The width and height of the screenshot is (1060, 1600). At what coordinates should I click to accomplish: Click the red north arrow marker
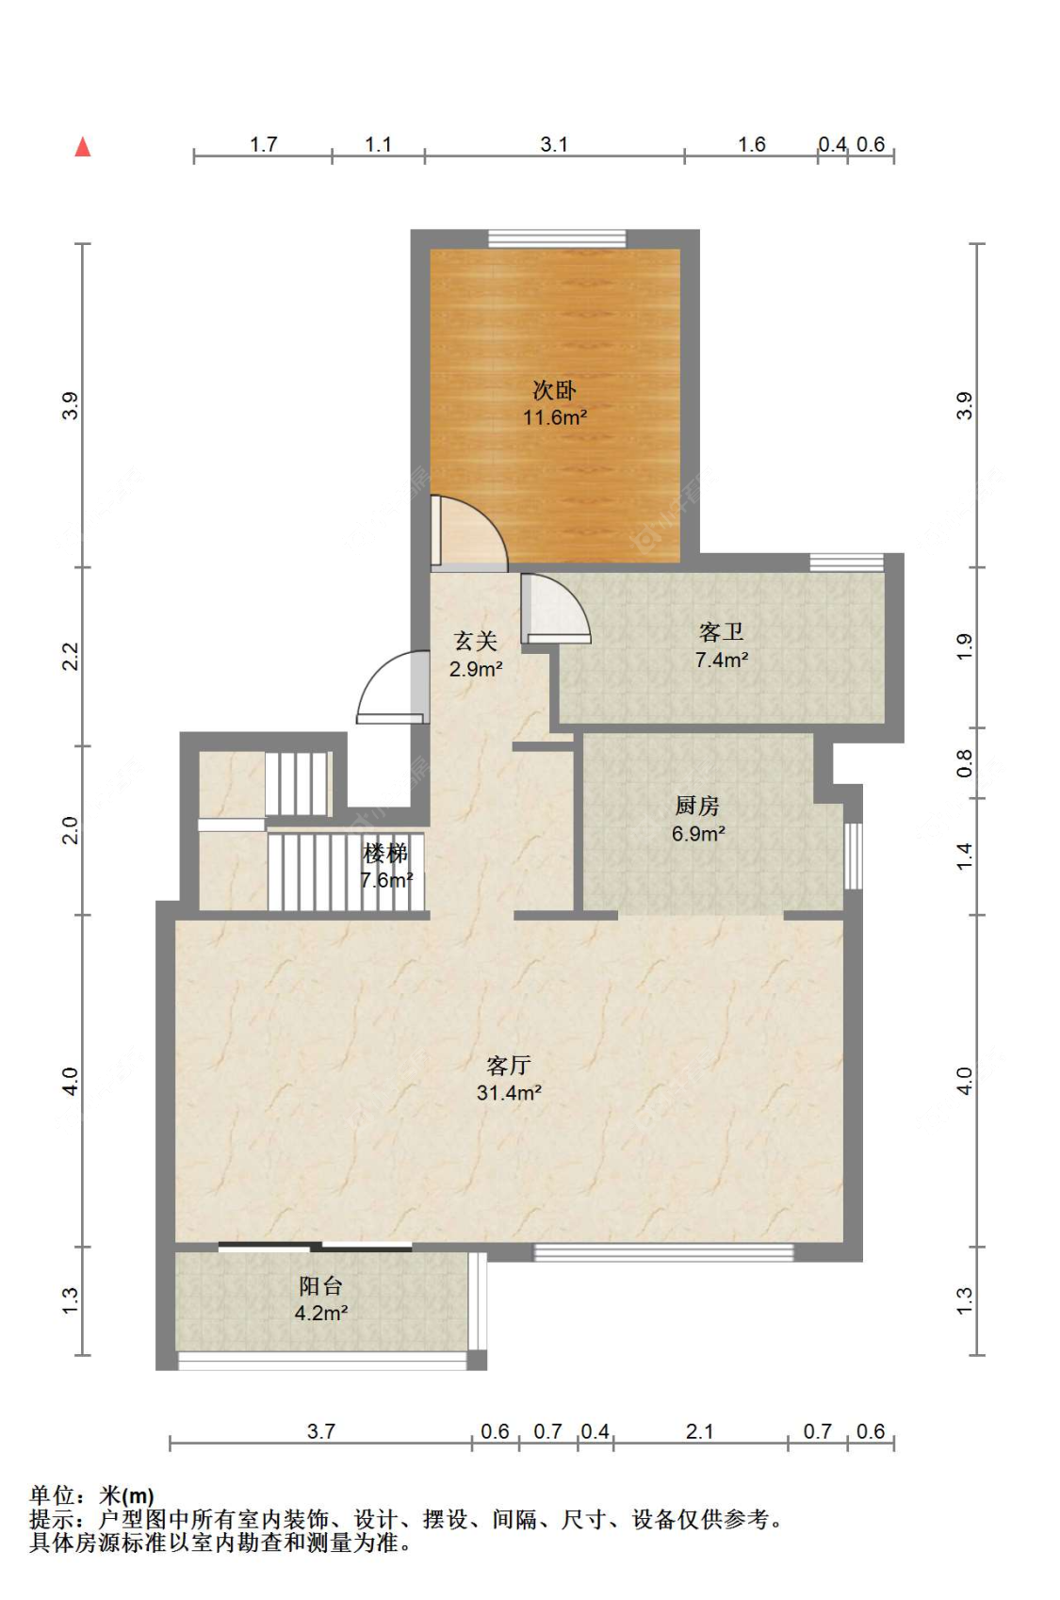click(x=83, y=147)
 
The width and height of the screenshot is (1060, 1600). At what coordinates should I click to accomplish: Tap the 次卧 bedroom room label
click(x=554, y=390)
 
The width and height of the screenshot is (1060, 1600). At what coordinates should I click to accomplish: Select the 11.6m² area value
click(x=555, y=417)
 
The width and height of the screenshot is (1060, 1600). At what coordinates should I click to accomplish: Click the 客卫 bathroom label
click(x=722, y=632)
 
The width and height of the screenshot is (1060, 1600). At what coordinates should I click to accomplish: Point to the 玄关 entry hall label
click(x=476, y=642)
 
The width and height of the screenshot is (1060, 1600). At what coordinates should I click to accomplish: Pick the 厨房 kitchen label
click(x=697, y=807)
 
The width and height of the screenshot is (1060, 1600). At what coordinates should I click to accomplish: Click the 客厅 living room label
click(x=509, y=1066)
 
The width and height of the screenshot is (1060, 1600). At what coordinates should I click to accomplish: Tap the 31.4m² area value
click(x=510, y=1093)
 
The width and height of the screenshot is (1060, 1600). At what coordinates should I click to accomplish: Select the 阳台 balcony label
click(x=320, y=1286)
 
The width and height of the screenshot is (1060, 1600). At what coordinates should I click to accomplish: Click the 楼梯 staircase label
click(x=385, y=853)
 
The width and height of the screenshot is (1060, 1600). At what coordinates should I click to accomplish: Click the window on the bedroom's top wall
click(x=557, y=238)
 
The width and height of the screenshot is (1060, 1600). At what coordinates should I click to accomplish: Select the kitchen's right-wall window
click(x=853, y=857)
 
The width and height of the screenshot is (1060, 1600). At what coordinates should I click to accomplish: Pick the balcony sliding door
click(x=315, y=1248)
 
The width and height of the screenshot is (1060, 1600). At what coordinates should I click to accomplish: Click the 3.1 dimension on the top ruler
click(x=554, y=145)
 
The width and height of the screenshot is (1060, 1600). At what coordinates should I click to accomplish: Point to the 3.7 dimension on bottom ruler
click(x=321, y=1431)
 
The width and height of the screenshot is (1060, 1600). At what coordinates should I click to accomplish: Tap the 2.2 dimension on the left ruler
click(x=70, y=657)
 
